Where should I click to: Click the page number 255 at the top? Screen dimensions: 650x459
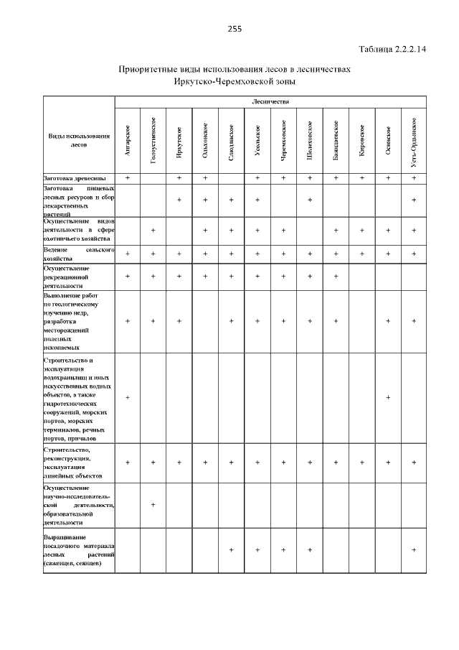point(235,29)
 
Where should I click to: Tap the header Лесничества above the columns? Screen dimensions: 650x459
point(270,102)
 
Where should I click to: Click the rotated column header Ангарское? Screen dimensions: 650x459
point(128,141)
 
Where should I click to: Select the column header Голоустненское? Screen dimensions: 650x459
point(153,141)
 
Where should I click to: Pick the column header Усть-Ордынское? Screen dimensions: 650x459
point(414,141)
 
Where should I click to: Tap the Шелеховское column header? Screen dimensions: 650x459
point(310,141)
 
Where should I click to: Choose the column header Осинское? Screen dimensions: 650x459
point(388,141)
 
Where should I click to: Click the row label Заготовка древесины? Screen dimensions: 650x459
point(75,177)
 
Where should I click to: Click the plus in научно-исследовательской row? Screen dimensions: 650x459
point(153,505)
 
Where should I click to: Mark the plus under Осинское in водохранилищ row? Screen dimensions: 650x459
point(388,397)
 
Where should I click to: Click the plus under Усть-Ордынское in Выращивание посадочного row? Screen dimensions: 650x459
point(414,550)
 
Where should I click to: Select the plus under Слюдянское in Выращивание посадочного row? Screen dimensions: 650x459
point(232,550)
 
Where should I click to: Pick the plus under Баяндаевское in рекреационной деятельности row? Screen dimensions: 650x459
point(336,276)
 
